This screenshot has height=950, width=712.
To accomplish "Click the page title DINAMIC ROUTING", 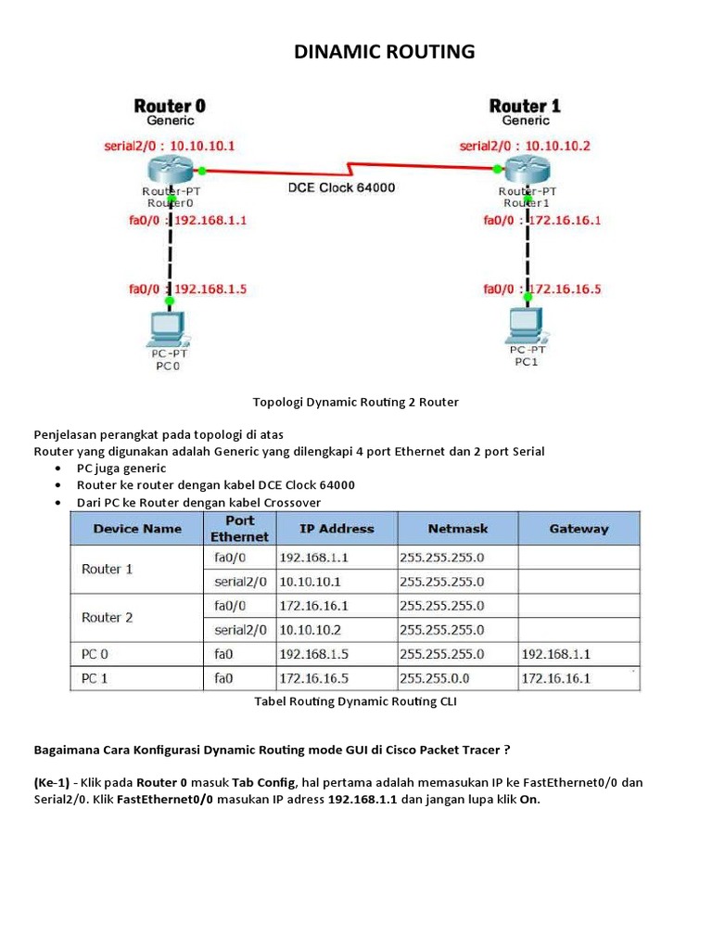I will [384, 52].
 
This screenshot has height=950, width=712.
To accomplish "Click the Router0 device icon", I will [170, 170].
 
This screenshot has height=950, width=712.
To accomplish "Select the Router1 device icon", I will [526, 170].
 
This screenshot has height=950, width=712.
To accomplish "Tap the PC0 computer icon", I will [168, 327].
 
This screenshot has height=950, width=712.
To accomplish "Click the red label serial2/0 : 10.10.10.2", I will [525, 146].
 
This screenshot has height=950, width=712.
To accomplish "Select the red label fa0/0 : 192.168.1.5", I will [187, 289].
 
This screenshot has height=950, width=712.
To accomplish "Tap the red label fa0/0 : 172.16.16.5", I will [542, 289].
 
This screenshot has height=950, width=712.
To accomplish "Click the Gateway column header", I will [578, 529].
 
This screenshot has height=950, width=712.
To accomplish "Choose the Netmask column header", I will [458, 529].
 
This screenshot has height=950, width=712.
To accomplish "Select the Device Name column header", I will [136, 529].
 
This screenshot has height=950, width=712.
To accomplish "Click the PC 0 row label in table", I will [95, 654].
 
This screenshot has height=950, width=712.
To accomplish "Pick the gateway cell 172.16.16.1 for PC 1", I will [556, 678].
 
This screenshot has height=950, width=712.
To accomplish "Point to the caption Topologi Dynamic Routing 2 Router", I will [356, 403].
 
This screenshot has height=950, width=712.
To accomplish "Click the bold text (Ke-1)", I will [52, 783].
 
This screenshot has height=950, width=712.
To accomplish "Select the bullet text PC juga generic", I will [121, 469].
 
